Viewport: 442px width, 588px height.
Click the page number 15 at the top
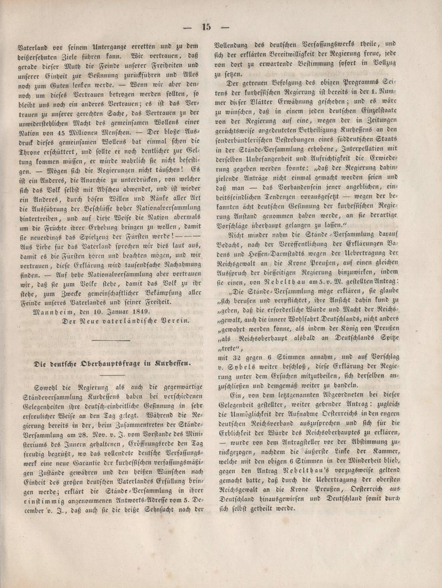(x=206, y=27)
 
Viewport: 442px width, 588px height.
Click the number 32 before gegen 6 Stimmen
(x=241, y=347)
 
